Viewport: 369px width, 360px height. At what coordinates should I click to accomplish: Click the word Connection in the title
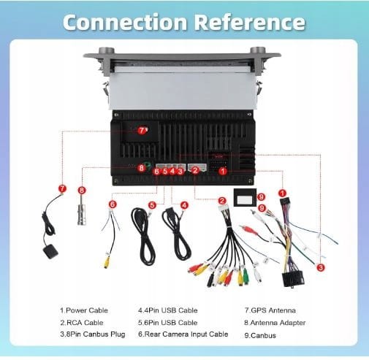(x=125, y=22)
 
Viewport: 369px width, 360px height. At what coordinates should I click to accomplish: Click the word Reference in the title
(x=250, y=22)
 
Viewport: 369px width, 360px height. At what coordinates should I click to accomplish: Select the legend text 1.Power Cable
(x=84, y=310)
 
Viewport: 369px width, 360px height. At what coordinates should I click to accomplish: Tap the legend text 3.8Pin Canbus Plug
(x=93, y=334)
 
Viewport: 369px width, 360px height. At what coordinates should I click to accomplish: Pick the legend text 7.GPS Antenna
(x=270, y=310)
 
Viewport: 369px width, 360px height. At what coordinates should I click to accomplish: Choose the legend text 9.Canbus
(x=260, y=336)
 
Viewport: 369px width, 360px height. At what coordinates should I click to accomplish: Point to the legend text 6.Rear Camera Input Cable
(x=183, y=334)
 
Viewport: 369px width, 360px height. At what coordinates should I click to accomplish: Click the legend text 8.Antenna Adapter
(x=275, y=323)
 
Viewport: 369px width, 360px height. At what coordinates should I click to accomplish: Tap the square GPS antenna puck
(x=50, y=252)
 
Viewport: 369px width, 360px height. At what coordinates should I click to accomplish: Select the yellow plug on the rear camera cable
(x=107, y=261)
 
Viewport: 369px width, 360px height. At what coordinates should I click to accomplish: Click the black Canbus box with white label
(x=245, y=197)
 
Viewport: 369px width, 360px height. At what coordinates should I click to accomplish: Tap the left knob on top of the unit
(x=106, y=50)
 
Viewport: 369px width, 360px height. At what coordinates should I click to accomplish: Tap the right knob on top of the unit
(x=258, y=50)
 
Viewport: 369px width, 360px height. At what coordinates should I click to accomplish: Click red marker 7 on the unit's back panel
(x=142, y=131)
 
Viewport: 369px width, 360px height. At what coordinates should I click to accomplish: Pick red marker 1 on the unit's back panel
(x=223, y=171)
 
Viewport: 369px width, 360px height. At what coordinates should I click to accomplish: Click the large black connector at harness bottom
(x=293, y=280)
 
